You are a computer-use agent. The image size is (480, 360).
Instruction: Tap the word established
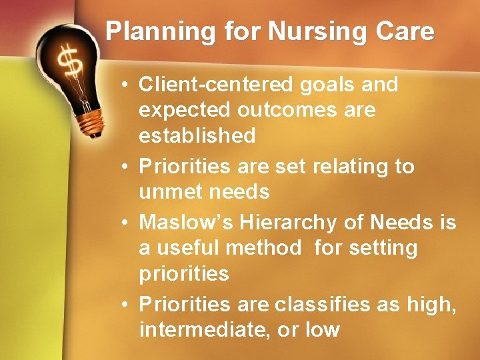point(197,136)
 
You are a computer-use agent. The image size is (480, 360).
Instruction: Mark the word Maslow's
point(181,222)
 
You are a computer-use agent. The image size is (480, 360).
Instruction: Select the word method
point(264,248)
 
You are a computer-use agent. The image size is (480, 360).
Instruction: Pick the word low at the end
point(322,329)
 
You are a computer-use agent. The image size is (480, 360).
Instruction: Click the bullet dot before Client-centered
point(125,85)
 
